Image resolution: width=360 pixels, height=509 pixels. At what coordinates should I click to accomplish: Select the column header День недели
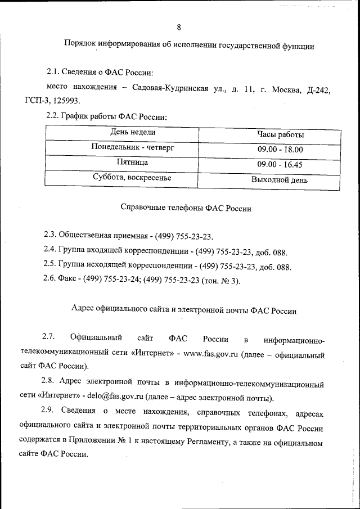(x=133, y=132)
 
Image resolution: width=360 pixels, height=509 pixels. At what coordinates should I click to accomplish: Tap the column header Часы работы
(x=281, y=135)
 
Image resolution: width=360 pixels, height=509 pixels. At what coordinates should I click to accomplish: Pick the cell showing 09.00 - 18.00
(x=280, y=150)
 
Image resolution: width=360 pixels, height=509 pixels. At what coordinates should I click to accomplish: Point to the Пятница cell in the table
(x=132, y=163)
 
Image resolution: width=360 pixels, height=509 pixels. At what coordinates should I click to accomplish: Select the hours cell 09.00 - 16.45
(x=280, y=165)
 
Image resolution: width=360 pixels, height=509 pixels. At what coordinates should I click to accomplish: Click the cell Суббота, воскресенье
(x=132, y=178)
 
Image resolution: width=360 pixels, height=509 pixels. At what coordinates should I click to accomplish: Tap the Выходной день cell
(x=280, y=181)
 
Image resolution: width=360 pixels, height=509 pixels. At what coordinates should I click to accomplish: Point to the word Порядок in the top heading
(x=80, y=46)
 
